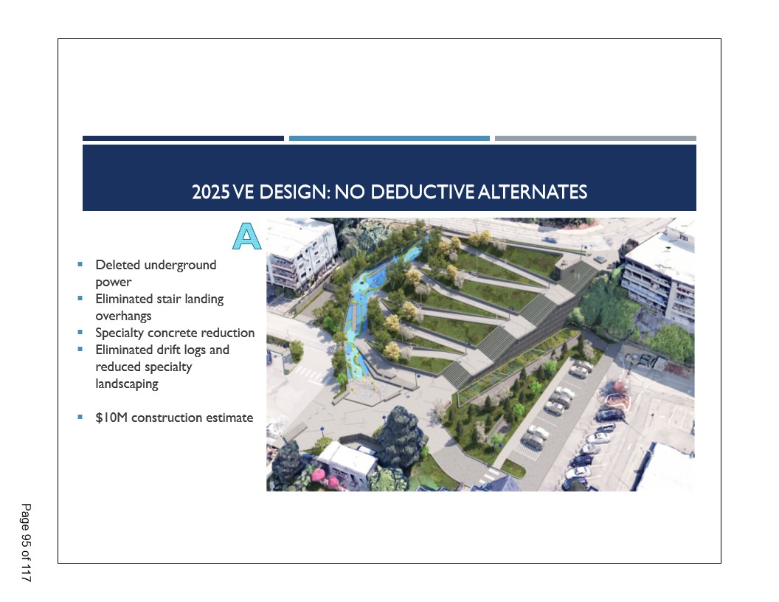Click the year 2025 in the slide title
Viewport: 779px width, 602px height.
point(211,193)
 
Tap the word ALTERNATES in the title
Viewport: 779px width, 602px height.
point(533,193)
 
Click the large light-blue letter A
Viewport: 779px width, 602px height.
point(247,236)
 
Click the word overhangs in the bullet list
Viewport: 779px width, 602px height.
point(123,316)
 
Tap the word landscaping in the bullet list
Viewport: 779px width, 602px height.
point(127,384)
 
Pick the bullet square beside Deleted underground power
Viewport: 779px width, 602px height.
point(80,264)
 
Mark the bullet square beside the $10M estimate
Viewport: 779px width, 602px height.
point(80,417)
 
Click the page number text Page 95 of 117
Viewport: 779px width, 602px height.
point(26,542)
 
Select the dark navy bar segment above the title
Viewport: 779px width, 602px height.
point(184,139)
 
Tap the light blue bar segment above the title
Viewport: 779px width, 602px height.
point(389,139)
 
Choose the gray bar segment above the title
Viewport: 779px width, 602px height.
point(595,139)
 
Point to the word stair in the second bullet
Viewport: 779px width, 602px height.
point(168,299)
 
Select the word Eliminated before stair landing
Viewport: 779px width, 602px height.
point(124,299)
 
